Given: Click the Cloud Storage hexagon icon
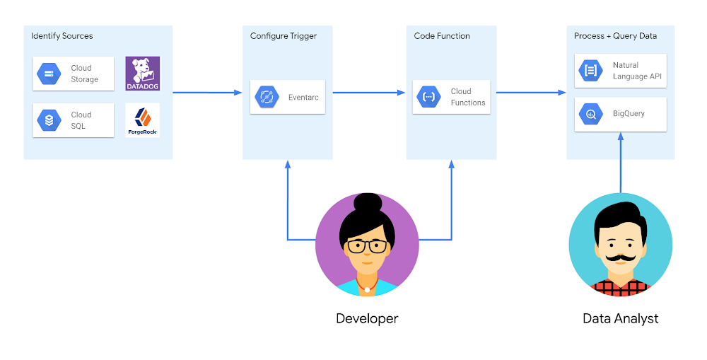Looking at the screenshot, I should point(49,74).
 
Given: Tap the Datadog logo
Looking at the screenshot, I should point(143,74).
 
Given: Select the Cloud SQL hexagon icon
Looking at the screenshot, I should point(49,120).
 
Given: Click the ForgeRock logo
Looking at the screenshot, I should point(143,120).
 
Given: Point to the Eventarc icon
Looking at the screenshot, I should point(267,97).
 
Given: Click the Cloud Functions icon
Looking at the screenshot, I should point(429,97).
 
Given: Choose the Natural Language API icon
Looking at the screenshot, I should point(591,70).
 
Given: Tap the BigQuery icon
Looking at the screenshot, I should point(591,113).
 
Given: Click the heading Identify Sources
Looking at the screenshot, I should point(62,36).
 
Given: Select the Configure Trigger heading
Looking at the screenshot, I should point(284,36).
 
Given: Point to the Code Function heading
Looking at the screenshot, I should point(442,36).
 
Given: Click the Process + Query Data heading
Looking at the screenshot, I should point(616,36).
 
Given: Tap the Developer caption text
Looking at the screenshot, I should point(367,318).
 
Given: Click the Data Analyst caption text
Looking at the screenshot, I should point(620,318).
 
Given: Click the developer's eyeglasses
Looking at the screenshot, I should point(367,246).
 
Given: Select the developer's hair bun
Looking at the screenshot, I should point(367,202).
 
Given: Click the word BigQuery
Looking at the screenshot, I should point(629,113).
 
